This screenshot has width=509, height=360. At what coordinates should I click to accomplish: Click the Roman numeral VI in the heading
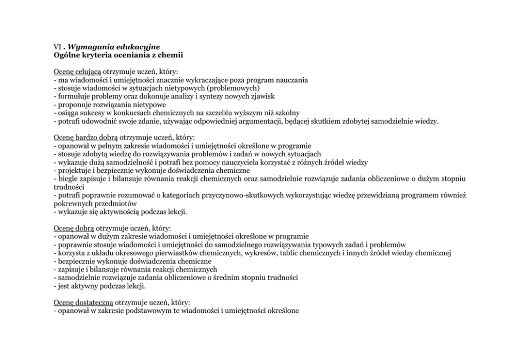tap(57, 46)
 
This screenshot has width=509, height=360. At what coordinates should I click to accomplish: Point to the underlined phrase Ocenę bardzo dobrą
tap(86, 137)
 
